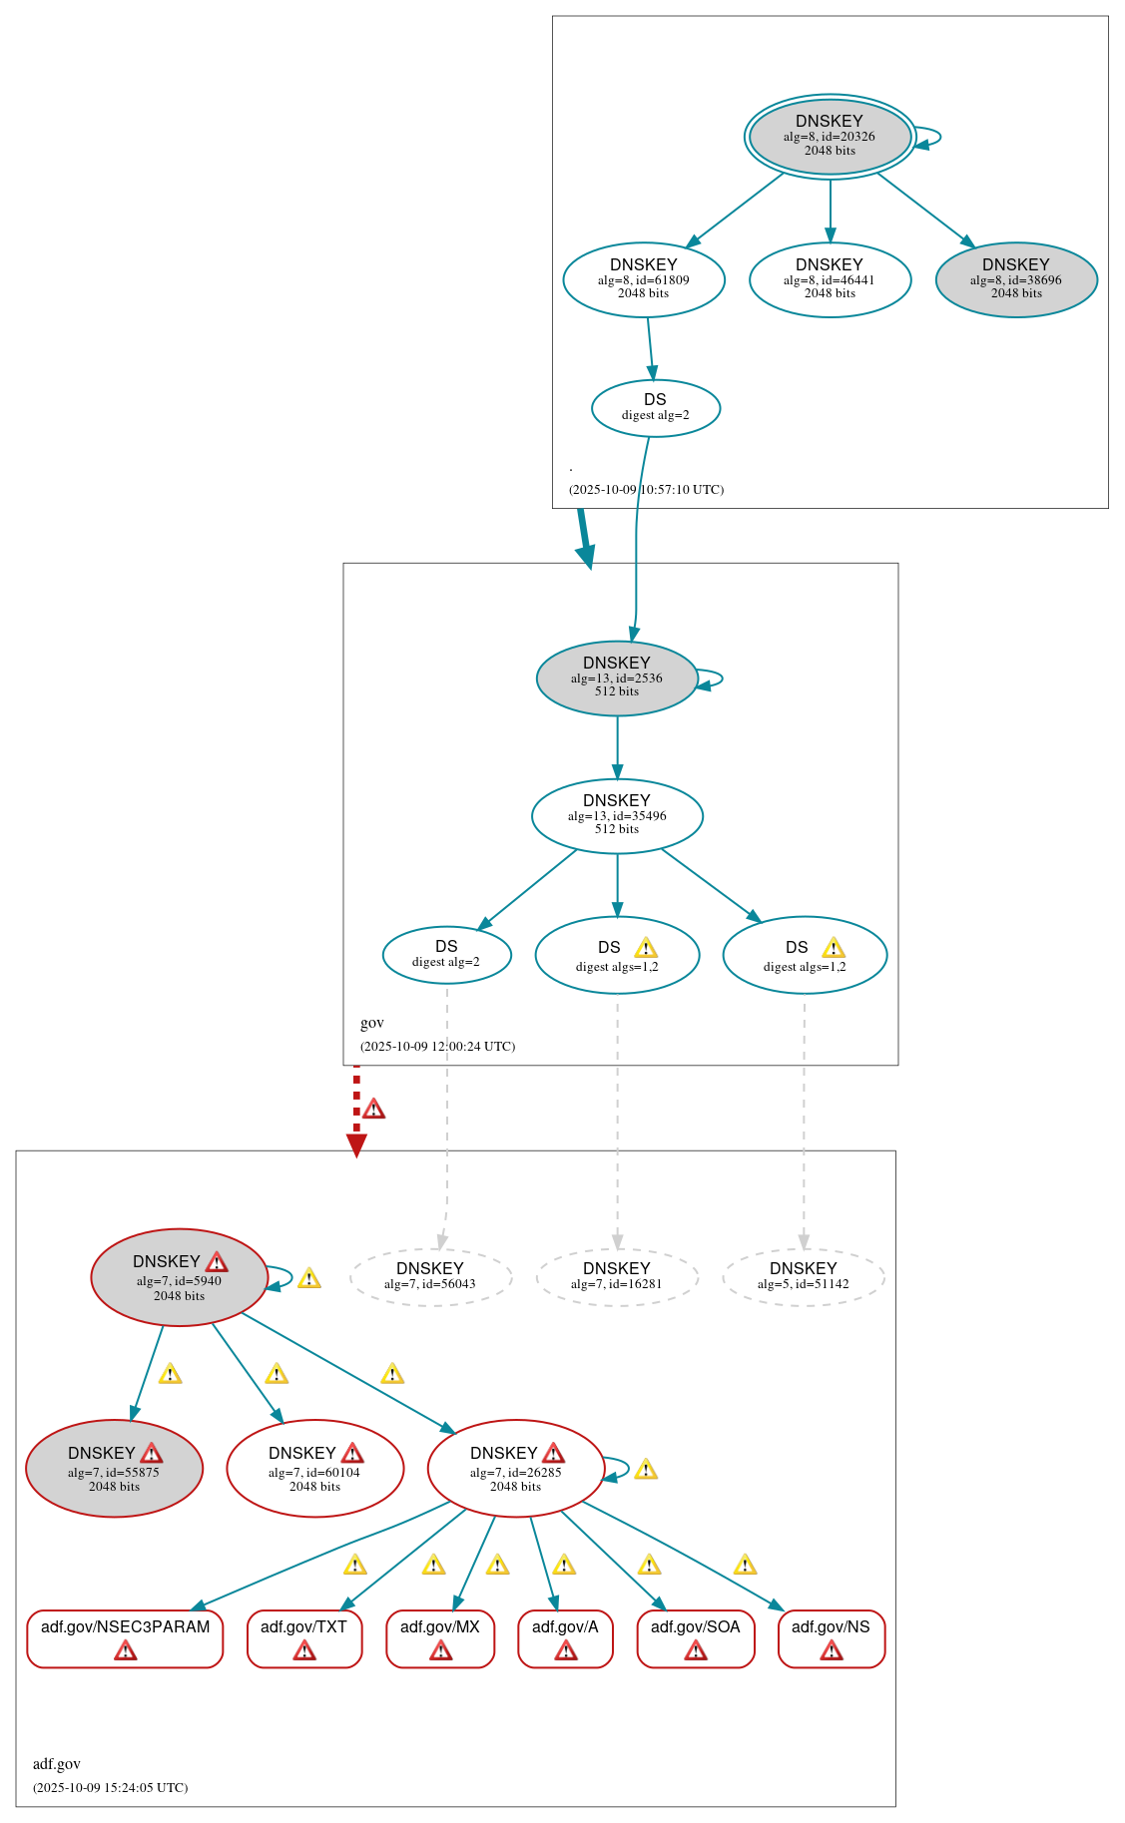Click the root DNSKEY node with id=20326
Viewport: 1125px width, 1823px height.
(x=830, y=137)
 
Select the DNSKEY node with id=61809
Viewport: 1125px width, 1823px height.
(x=644, y=279)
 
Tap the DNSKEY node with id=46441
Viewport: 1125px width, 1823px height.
(x=830, y=279)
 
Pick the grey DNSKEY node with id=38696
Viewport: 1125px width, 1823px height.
(x=1016, y=279)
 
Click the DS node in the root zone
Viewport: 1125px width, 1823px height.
(x=656, y=407)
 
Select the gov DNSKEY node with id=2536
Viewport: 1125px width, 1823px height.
(x=617, y=678)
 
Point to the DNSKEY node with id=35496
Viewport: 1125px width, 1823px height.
(x=617, y=815)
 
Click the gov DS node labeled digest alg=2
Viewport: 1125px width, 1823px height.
(x=446, y=954)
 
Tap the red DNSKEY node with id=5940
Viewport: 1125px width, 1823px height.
(x=179, y=1277)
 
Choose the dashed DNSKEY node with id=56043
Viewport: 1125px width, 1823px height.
(x=430, y=1276)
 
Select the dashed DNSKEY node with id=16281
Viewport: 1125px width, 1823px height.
(x=617, y=1276)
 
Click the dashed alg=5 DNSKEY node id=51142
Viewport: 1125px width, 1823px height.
(x=804, y=1276)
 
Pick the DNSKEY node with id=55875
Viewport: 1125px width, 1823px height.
(x=114, y=1468)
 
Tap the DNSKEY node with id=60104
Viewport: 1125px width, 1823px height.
(x=314, y=1468)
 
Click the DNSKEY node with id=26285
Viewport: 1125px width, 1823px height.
(x=515, y=1468)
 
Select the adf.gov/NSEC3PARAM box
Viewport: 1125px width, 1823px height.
(x=125, y=1637)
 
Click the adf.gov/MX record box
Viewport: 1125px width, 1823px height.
(x=440, y=1637)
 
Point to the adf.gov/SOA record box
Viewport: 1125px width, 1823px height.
(x=696, y=1637)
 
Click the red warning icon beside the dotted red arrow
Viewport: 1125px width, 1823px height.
(x=373, y=1109)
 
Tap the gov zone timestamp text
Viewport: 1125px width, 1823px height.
(x=437, y=1046)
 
